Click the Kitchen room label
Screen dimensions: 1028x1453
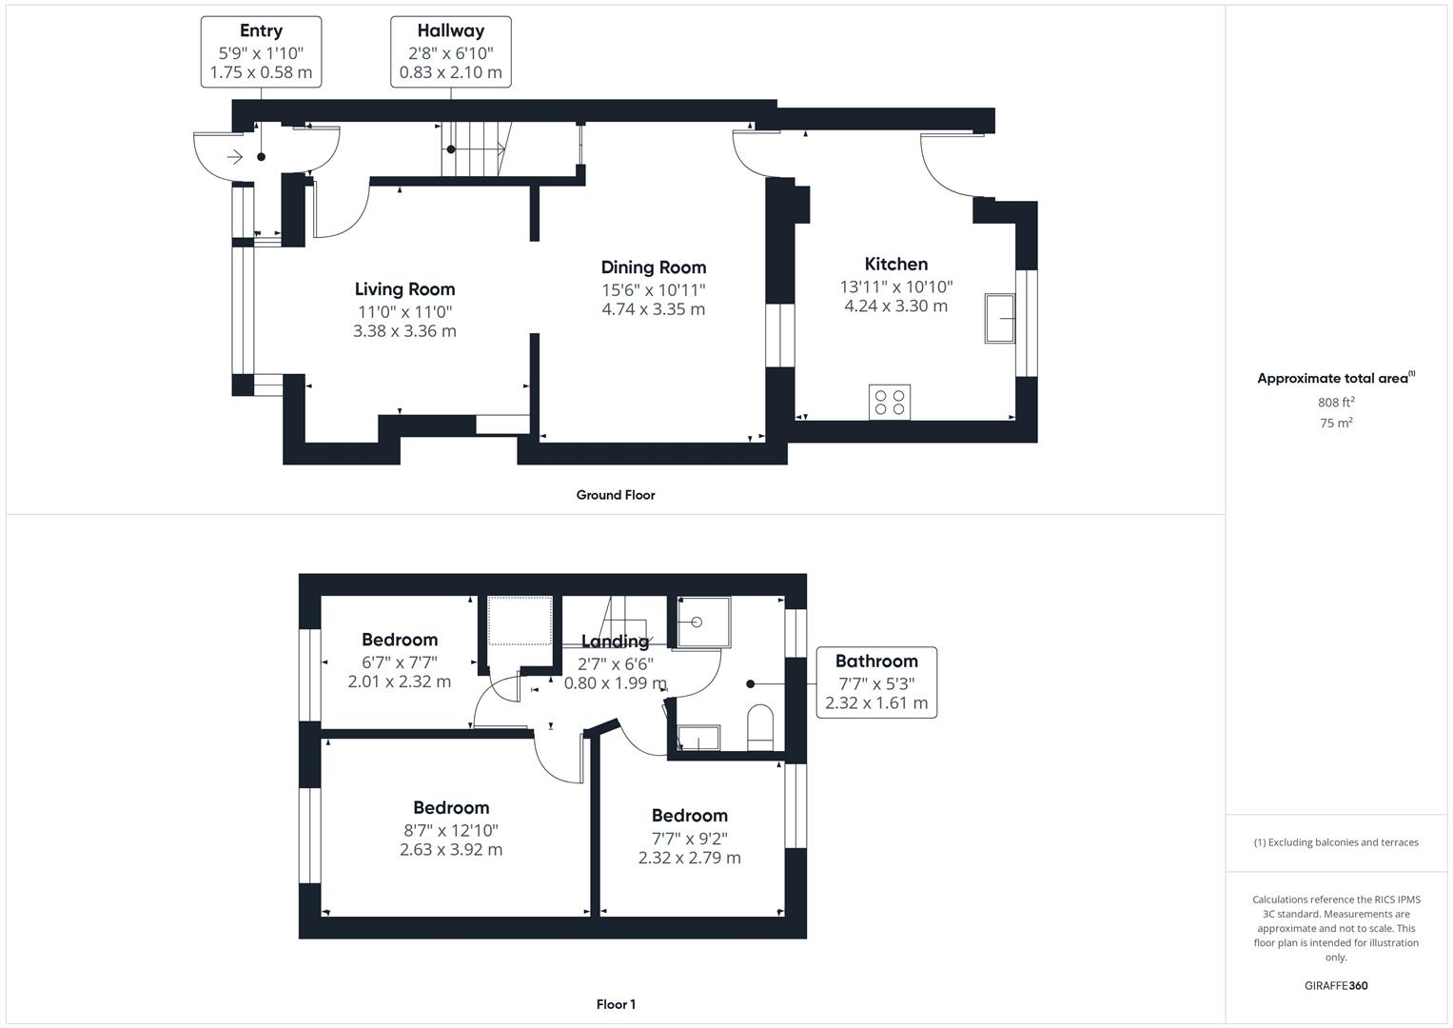[895, 265]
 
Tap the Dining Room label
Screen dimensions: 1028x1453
[653, 267]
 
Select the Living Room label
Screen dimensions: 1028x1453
[404, 289]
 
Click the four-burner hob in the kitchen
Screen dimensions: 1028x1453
[890, 402]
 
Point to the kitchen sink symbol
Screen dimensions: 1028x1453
[1000, 318]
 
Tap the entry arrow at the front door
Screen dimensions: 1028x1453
[234, 157]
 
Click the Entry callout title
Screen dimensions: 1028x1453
[261, 31]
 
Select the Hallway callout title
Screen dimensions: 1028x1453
[450, 31]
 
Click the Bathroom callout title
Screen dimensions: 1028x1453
[876, 662]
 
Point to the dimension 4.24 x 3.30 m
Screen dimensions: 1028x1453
[895, 306]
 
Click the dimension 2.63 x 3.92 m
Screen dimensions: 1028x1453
[451, 850]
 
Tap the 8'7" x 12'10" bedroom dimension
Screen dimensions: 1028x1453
[451, 830]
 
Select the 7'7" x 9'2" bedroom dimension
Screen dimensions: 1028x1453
[689, 838]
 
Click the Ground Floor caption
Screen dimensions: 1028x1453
[616, 495]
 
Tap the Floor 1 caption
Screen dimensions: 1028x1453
[616, 1004]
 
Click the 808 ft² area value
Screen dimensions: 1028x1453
[1336, 403]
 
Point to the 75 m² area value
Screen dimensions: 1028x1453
[1336, 424]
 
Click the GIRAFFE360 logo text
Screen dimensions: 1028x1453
[1336, 986]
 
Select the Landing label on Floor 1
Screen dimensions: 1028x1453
[615, 642]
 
